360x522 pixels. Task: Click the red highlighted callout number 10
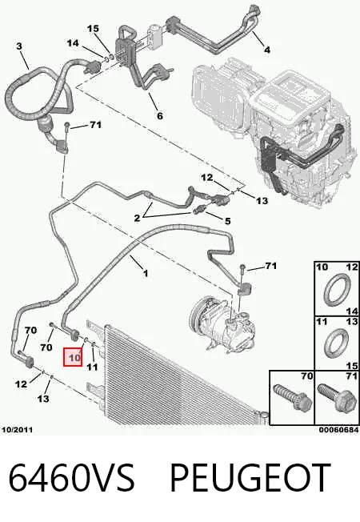73,357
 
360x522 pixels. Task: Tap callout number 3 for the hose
19,46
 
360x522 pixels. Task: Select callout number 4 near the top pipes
267,50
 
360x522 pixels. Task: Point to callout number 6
160,115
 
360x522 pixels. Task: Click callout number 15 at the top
93,29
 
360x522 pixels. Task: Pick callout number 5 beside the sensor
227,221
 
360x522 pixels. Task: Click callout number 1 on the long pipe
145,274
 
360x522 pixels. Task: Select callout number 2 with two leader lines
137,219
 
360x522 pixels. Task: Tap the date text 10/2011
18,430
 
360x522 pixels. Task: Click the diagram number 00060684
338,430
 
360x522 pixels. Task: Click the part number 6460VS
71,478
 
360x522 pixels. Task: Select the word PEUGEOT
250,478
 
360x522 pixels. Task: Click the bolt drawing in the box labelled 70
292,401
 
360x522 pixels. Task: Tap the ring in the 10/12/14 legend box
337,289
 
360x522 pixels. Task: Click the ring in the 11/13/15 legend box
336,343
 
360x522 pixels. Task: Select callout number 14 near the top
73,43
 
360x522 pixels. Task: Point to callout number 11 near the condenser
92,367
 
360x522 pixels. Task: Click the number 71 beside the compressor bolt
271,266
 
